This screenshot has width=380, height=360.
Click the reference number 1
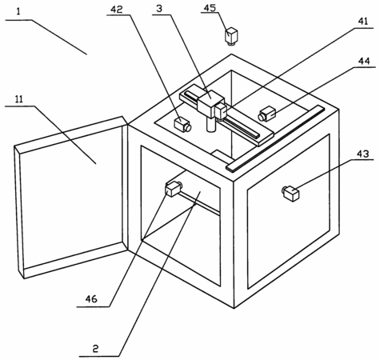tap(18, 12)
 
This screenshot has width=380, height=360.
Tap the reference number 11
tap(18, 99)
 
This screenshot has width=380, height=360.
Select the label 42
tap(117, 10)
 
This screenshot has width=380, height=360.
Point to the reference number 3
tap(159, 9)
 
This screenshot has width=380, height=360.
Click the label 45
tap(210, 8)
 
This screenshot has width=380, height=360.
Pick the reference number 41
tap(362, 22)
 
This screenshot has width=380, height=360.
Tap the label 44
tap(364, 62)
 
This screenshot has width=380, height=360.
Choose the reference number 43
tap(363, 154)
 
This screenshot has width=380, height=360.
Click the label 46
tap(91, 299)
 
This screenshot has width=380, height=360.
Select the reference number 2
tap(95, 349)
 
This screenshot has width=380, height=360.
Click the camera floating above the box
tap(231, 37)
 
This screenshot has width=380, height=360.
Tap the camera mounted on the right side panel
tap(291, 193)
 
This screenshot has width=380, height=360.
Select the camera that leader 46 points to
tap(174, 188)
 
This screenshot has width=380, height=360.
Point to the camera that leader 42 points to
tap(182, 125)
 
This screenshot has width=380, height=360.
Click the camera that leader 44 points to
tap(266, 114)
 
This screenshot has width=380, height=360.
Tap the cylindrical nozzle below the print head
tap(212, 125)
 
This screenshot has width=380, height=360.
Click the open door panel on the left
tap(71, 198)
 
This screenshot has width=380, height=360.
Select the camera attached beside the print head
tap(221, 111)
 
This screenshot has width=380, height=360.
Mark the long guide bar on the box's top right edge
tap(275, 138)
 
